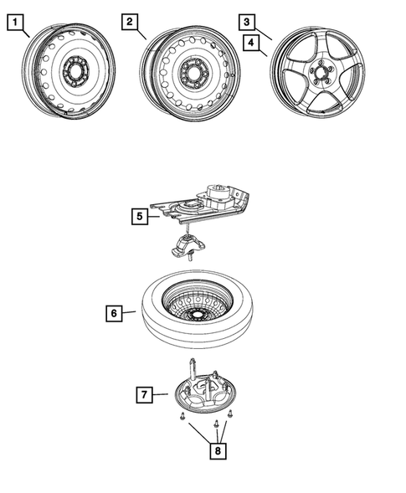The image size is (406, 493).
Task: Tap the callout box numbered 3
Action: [245, 22]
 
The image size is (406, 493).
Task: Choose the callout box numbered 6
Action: [113, 314]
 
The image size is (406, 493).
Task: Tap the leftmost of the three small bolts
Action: [181, 416]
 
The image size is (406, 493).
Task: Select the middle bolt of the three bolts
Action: [215, 422]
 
